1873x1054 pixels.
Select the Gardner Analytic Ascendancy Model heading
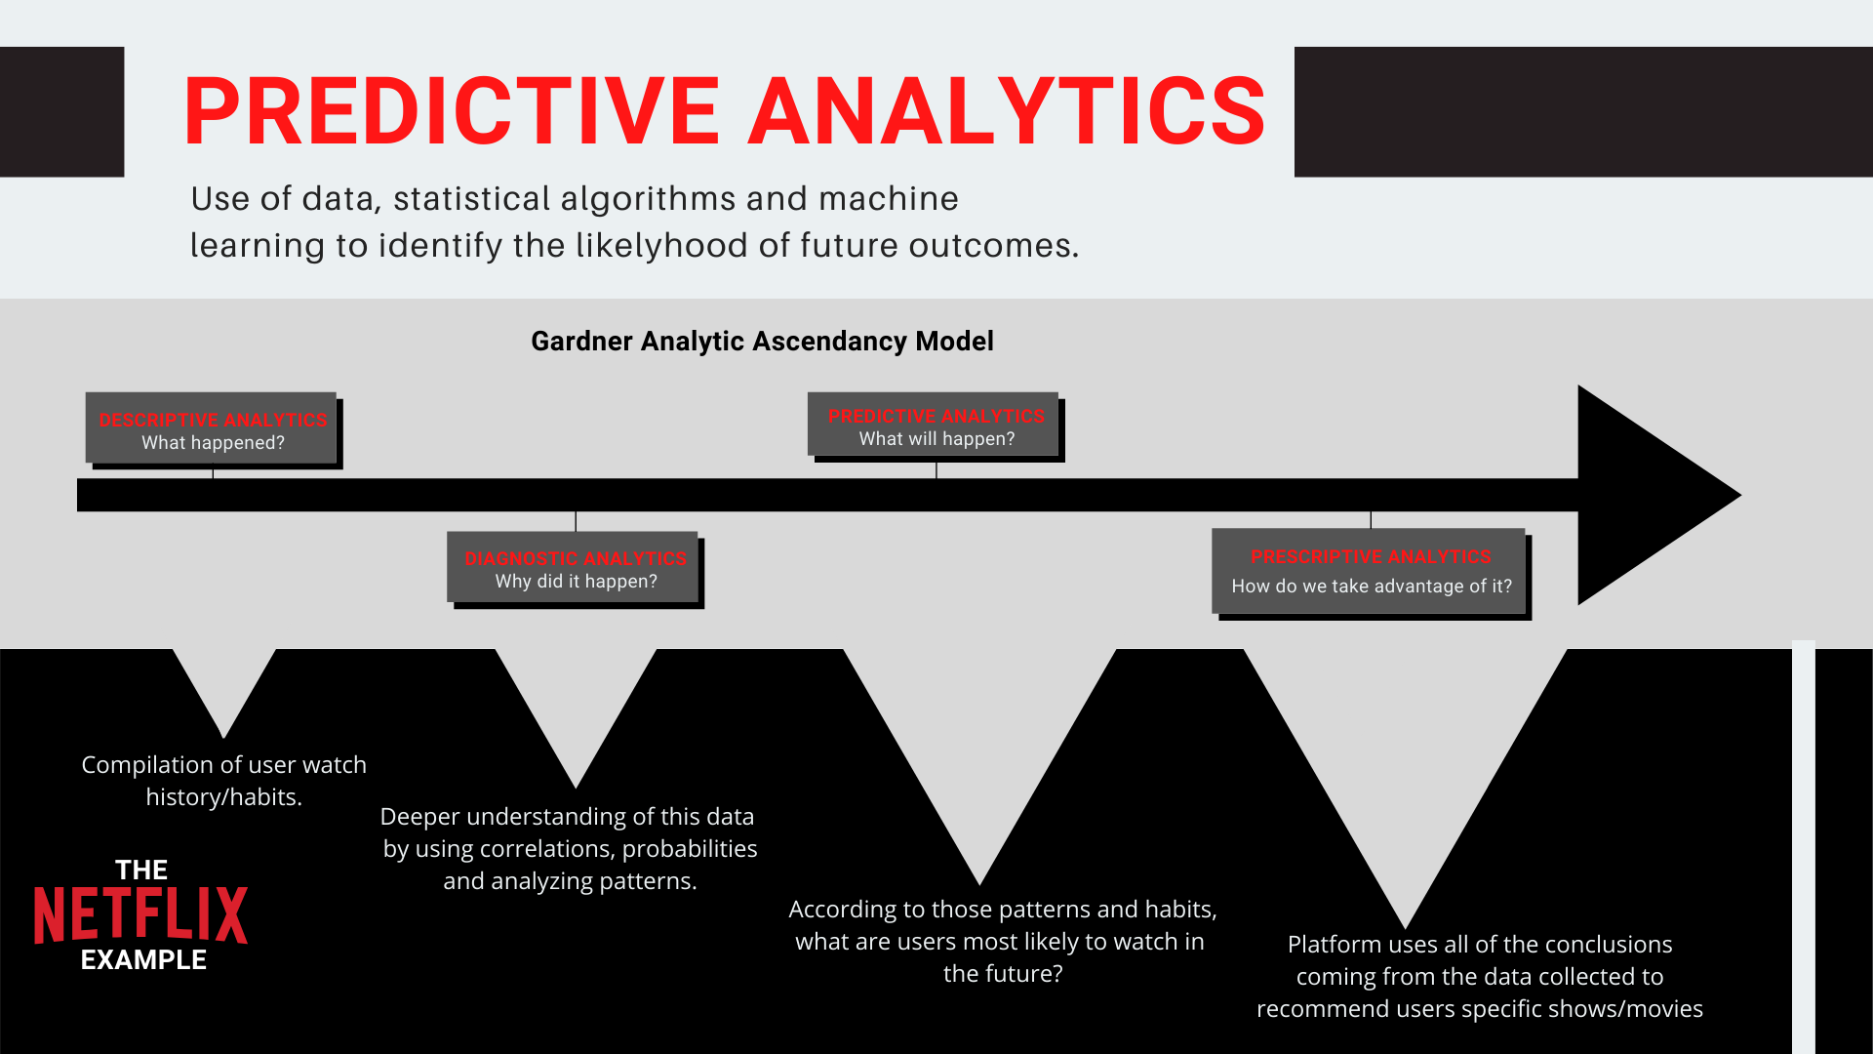(x=762, y=342)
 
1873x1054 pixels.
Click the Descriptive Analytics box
(x=212, y=428)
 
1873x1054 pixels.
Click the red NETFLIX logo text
(x=141, y=915)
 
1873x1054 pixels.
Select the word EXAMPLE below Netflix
(x=143, y=960)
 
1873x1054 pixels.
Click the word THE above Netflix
(x=141, y=870)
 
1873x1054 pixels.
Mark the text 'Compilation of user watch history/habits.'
(x=223, y=781)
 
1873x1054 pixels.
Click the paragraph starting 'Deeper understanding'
(x=570, y=848)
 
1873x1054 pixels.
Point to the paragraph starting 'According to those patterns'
(x=1003, y=941)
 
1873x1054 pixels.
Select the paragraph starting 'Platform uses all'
(x=1479, y=976)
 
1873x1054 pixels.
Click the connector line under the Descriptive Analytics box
(x=213, y=471)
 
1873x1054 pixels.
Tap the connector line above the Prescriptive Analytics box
(x=1371, y=519)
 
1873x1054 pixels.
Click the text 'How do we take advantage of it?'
(x=1372, y=587)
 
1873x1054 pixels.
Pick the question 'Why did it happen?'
(x=576, y=582)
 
